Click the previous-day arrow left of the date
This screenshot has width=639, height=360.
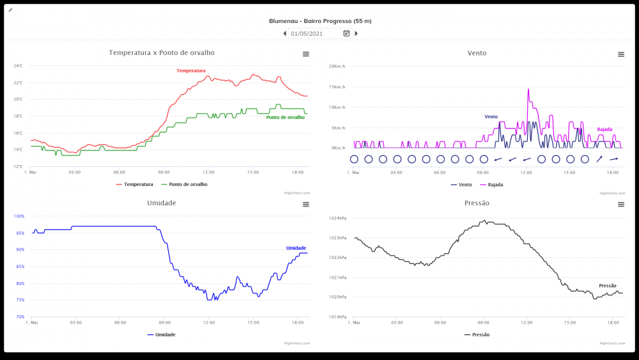(x=284, y=33)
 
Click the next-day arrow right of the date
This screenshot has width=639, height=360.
(x=356, y=33)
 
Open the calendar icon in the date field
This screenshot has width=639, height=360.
(x=346, y=33)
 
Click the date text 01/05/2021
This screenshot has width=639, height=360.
(x=307, y=33)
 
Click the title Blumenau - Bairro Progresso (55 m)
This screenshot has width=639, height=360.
(x=320, y=20)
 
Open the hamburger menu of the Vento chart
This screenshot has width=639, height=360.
(x=621, y=54)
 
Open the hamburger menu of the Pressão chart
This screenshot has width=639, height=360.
(x=621, y=204)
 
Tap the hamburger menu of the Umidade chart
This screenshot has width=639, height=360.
(x=306, y=204)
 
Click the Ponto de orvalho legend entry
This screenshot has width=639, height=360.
(x=188, y=184)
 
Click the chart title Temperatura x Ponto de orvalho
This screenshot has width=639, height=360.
(x=162, y=52)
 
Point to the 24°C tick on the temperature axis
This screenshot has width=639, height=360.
(x=19, y=66)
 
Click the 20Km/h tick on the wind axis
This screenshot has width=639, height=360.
(x=337, y=66)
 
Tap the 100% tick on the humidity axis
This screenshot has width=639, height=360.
(x=19, y=216)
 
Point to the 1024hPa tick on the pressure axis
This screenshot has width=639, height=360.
(x=337, y=218)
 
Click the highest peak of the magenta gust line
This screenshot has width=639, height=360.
(x=528, y=89)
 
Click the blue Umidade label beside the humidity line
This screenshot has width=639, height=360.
(x=296, y=248)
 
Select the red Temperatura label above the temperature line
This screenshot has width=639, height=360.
(x=191, y=70)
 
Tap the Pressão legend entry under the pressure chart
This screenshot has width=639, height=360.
(x=480, y=334)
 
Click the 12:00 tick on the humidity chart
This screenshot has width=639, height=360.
(x=209, y=323)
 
